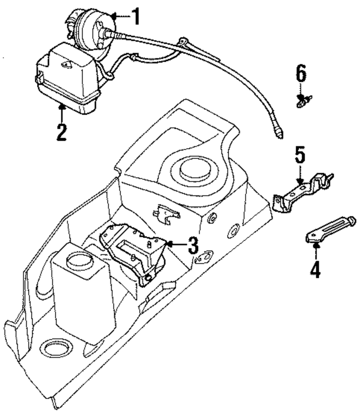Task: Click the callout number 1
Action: pyautogui.click(x=136, y=16)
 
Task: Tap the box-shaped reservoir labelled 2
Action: pyautogui.click(x=68, y=79)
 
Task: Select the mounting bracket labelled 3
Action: pyautogui.click(x=134, y=253)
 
